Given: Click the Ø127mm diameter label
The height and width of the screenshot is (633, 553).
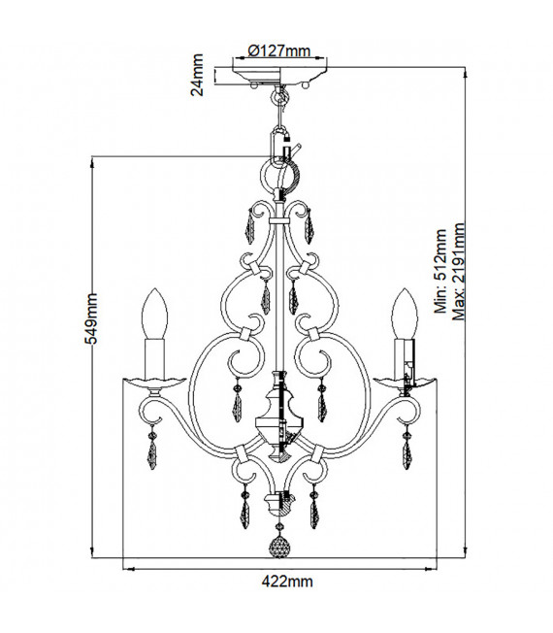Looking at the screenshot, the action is tap(279, 51).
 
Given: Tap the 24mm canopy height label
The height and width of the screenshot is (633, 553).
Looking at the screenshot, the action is tap(197, 75).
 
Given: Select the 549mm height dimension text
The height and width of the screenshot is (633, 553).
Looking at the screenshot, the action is tap(91, 318).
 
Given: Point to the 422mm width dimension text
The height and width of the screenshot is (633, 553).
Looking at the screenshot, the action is tap(287, 582).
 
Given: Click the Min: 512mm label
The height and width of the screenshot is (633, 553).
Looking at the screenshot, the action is tap(440, 271).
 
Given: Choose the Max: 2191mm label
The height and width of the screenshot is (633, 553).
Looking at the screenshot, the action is tap(459, 271).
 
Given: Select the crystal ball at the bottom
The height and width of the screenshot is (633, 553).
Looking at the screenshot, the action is tap(279, 548).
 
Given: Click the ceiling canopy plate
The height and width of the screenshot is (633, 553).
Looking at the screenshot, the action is tap(279, 76).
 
